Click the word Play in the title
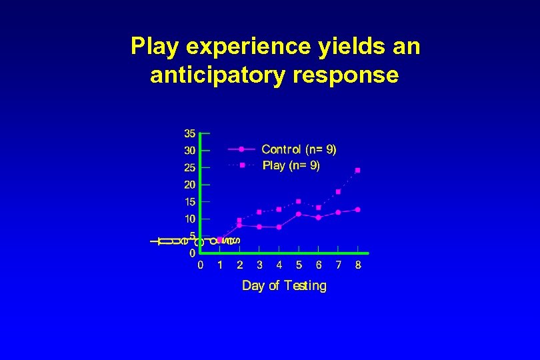[x=157, y=47]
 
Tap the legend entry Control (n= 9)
[x=299, y=149]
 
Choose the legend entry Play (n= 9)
[x=291, y=165]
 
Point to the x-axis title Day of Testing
[x=284, y=286]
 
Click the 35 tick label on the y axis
[x=190, y=133]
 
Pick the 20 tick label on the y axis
[x=190, y=184]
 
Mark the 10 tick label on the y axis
[x=190, y=219]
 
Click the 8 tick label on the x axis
[x=358, y=265]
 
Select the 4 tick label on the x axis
[x=279, y=265]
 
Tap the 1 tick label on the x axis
[x=220, y=265]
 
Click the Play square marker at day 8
[x=358, y=170]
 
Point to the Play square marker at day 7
[x=338, y=191]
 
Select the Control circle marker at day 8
[x=358, y=209]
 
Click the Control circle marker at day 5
[x=299, y=214]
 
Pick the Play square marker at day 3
[x=259, y=212]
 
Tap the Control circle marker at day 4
[x=279, y=227]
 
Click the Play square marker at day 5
[x=299, y=201]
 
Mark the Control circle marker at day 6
[x=319, y=217]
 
